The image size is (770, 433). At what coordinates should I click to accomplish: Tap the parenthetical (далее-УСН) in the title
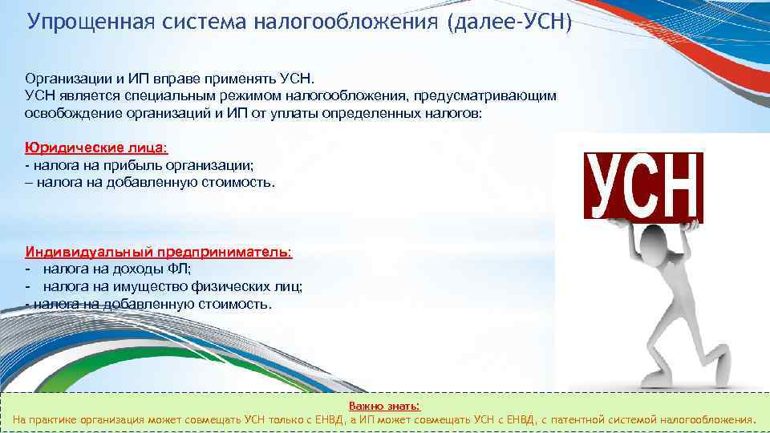click(505, 20)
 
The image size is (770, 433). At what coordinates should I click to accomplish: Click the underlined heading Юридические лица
click(96, 148)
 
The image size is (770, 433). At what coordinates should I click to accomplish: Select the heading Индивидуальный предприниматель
click(159, 252)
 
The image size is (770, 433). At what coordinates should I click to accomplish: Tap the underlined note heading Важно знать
click(384, 407)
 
